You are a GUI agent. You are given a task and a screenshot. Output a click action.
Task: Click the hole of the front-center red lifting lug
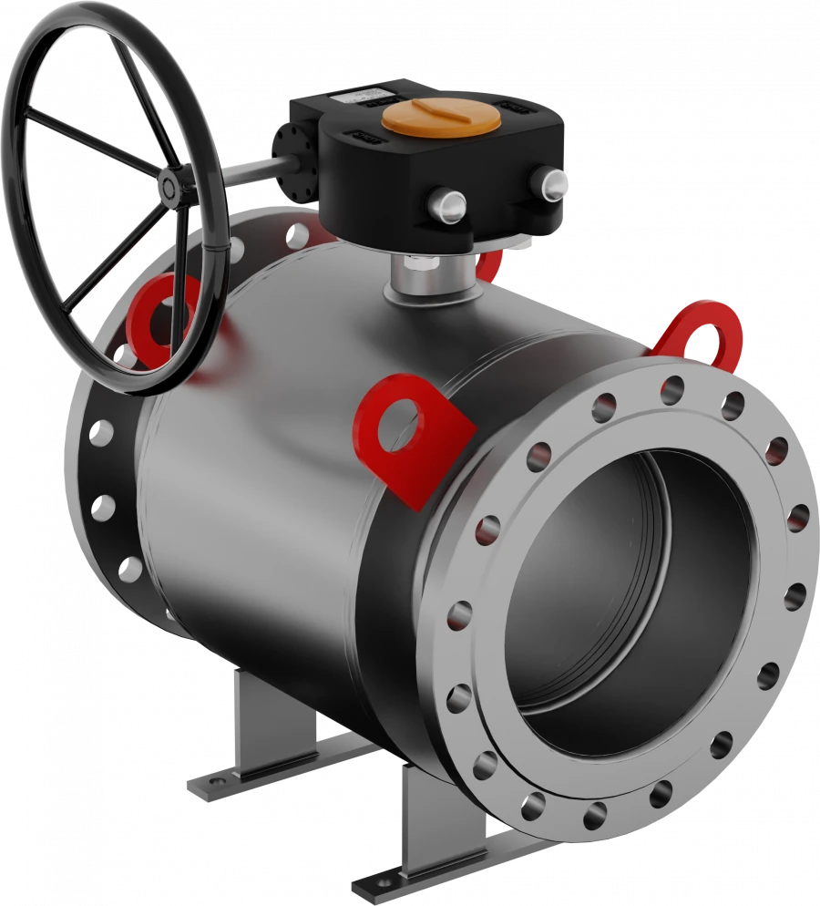403,427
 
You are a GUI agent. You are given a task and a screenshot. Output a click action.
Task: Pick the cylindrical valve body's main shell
301,474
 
